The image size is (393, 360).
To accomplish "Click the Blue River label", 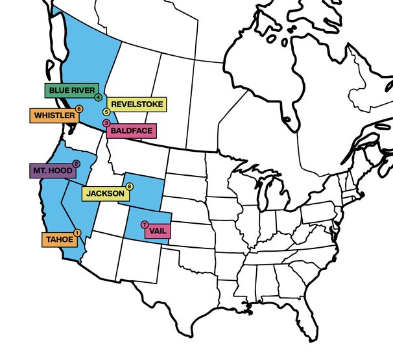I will coord(70,90).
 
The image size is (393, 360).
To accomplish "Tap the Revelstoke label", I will coord(137,104).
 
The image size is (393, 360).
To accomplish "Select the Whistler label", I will coord(53,115).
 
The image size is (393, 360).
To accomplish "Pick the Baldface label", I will coord(131,130).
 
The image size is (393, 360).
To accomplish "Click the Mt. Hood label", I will coord(52,171).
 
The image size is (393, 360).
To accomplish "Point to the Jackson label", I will coord(105,193).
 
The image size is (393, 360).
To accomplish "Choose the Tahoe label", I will coord(60,239).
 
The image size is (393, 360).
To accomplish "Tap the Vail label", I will coord(156,230).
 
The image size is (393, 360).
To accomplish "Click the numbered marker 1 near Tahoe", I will coord(77,233).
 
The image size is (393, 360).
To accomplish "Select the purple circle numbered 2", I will coord(76,164).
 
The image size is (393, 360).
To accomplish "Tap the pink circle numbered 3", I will coord(106,125).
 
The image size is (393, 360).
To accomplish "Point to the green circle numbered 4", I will coord(97,97).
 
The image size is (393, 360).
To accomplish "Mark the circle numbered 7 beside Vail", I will coord(144,224).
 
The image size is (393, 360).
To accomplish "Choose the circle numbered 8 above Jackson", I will coord(129,187).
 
